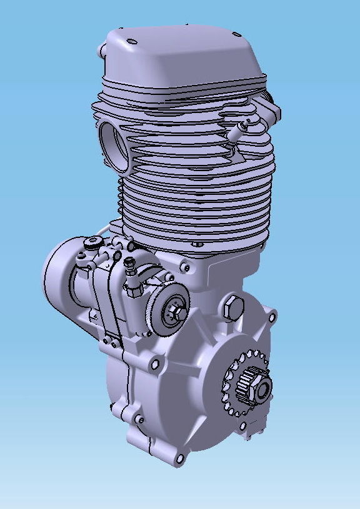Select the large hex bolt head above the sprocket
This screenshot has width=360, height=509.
click(232, 305)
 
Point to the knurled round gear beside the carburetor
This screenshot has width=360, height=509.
click(169, 312)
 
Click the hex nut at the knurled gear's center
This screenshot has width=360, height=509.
click(174, 310)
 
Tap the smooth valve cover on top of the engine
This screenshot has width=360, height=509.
click(181, 53)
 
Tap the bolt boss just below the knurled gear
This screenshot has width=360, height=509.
click(156, 362)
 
